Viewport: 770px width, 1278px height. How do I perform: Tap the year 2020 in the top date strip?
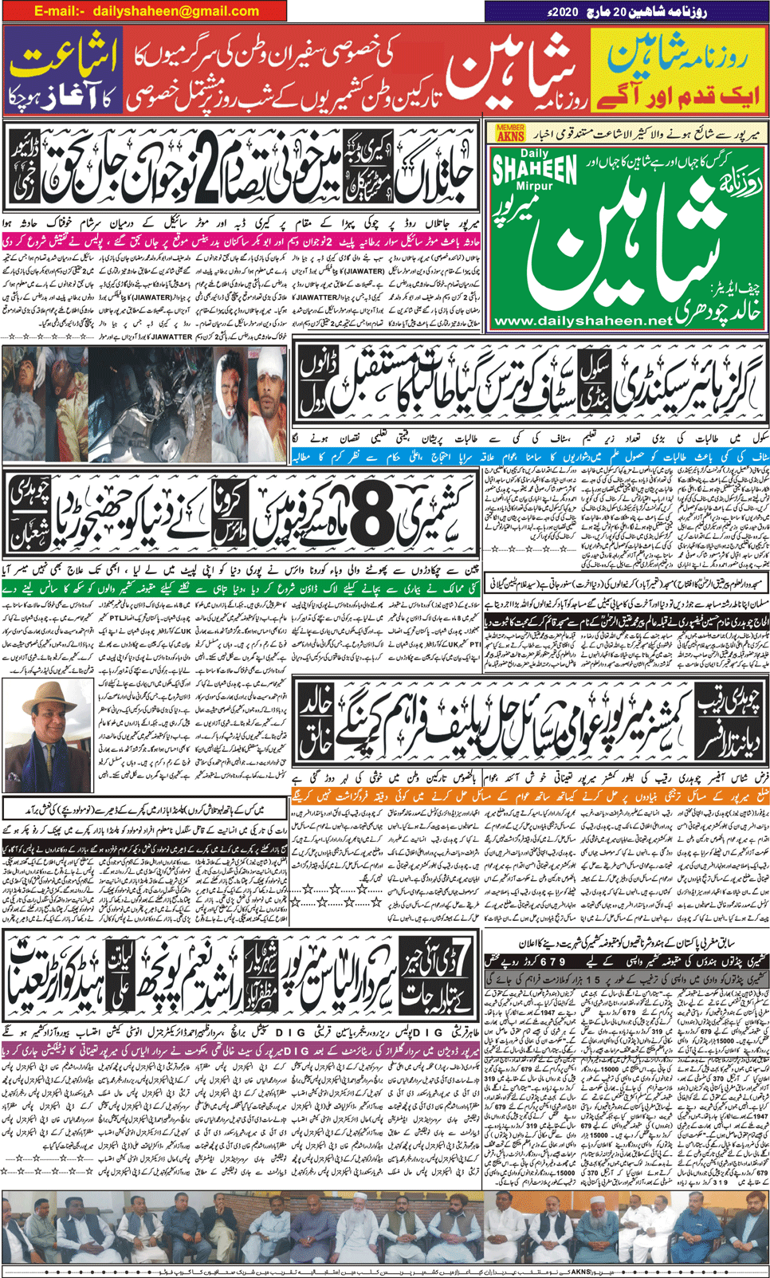click(564, 13)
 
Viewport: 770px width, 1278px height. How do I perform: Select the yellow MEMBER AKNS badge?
click(511, 132)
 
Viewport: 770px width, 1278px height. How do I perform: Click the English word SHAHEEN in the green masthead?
click(535, 170)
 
